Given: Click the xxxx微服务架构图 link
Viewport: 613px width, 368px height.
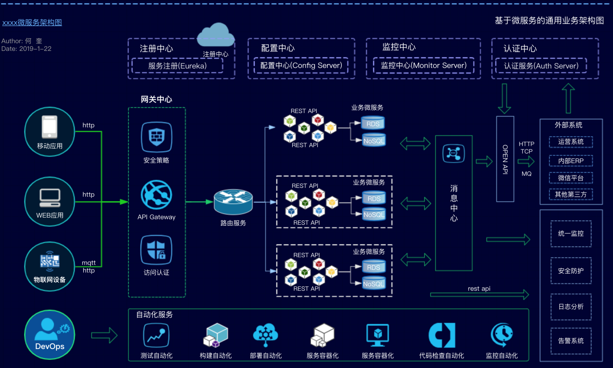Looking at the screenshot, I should tap(32, 22).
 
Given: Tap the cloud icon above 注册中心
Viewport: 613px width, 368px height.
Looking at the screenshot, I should tap(216, 35).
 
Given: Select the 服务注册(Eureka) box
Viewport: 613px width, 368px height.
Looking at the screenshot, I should tap(177, 66).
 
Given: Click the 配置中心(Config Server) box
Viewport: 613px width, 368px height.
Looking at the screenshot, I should tap(301, 66).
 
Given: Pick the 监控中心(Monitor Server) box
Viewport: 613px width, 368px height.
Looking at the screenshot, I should tap(424, 66).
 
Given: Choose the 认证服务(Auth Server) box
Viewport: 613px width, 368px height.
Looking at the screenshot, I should tap(541, 66).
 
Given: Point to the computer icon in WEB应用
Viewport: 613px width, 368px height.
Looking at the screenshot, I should tap(50, 198).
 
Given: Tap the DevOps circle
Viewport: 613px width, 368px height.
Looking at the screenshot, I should tap(50, 335).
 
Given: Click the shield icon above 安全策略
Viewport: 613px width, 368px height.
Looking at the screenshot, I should tap(157, 137).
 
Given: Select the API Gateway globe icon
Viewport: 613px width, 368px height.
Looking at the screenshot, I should tap(157, 195).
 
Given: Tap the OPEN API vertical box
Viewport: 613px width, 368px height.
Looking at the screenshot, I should tap(505, 159).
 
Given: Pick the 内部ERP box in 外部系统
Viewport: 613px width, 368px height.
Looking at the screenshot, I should tap(571, 161).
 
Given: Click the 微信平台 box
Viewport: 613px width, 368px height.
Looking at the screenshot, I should tap(571, 178).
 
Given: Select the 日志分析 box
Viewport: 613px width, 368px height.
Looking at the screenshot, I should tap(571, 307).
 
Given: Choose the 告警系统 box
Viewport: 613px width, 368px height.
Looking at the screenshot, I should tap(571, 341).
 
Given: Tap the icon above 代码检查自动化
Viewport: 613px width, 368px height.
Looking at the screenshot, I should tap(442, 335).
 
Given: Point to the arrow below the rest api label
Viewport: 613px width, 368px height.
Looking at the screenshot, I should tap(479, 295).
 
